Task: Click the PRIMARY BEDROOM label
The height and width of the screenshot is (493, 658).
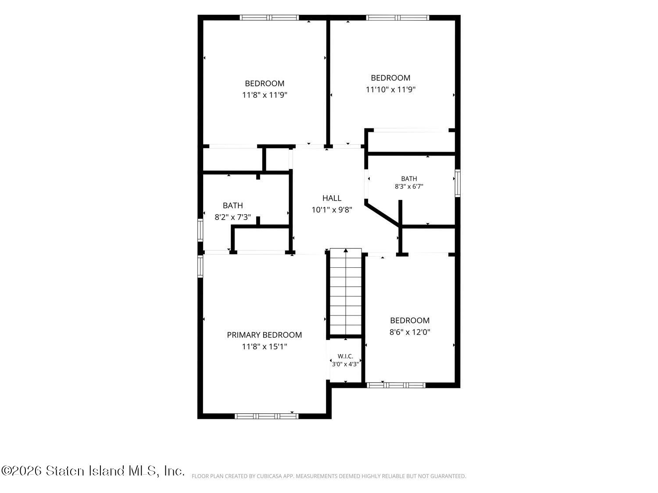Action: tap(264, 335)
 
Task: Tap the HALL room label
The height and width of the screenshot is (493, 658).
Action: tap(332, 198)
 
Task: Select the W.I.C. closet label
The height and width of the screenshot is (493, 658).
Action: tap(345, 356)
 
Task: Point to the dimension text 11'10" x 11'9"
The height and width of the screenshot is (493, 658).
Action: tap(390, 89)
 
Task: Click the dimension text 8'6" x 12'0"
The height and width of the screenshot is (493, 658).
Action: tap(410, 332)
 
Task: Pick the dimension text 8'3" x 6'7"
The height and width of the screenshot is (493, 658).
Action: tap(409, 187)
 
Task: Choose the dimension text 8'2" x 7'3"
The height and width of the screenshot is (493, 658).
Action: tap(232, 217)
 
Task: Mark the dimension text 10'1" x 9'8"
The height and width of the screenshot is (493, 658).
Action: tap(332, 209)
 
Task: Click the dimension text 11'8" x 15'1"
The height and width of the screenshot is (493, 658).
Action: tap(265, 346)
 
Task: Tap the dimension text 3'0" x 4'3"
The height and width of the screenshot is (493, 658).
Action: tap(345, 364)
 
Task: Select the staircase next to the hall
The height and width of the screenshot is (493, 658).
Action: tap(346, 291)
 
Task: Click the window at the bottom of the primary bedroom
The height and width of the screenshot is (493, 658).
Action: tap(267, 416)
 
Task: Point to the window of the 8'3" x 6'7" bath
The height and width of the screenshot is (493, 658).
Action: tap(458, 183)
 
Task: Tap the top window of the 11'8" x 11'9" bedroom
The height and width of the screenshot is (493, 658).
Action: tap(269, 18)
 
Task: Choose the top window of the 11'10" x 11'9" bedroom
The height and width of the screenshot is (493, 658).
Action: tap(397, 18)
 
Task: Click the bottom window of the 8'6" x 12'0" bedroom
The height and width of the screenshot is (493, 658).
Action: tap(396, 385)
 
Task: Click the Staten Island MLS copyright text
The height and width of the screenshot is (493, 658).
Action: tap(93, 471)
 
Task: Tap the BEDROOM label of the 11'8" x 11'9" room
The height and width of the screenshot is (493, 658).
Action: tap(265, 83)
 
